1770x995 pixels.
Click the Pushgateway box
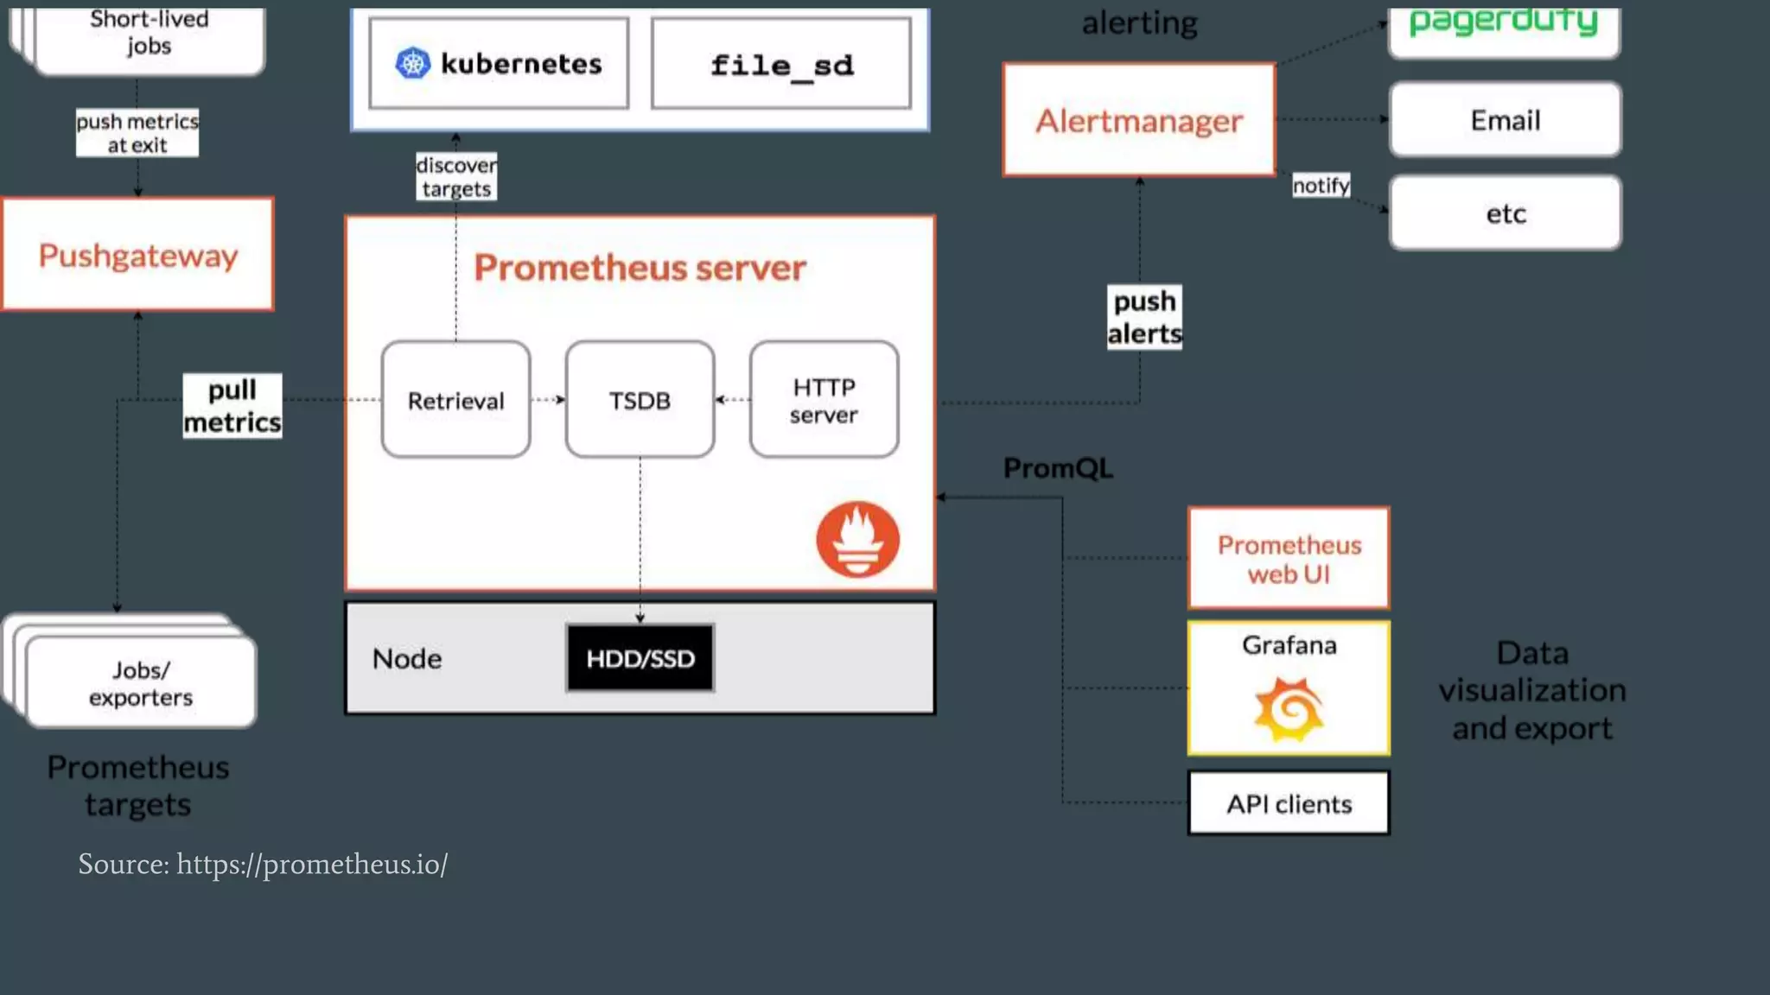pyautogui.click(x=137, y=254)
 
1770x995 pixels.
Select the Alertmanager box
pyautogui.click(x=1138, y=120)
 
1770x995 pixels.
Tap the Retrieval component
pyautogui.click(x=455, y=400)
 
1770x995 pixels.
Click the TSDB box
pyautogui.click(x=640, y=400)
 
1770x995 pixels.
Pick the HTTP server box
pyautogui.click(x=824, y=400)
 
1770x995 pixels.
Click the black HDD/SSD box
pyautogui.click(x=640, y=658)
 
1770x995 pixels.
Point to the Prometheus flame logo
pyautogui.click(x=857, y=540)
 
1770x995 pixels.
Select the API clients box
pyautogui.click(x=1289, y=803)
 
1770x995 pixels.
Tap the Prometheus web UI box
pyautogui.click(x=1289, y=559)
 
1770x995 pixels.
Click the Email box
pyautogui.click(x=1505, y=120)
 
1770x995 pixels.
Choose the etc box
pyautogui.click(x=1505, y=213)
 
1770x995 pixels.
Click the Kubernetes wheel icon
pyautogui.click(x=412, y=63)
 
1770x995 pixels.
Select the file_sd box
pyautogui.click(x=781, y=64)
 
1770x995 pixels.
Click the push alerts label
pyautogui.click(x=1144, y=317)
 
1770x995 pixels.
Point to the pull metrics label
pyautogui.click(x=232, y=405)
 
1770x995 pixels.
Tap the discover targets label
pyautogui.click(x=455, y=176)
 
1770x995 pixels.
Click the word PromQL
pyautogui.click(x=1057, y=468)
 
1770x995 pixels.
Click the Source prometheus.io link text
pyautogui.click(x=263, y=864)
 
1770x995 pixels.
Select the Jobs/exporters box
pyautogui.click(x=141, y=683)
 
